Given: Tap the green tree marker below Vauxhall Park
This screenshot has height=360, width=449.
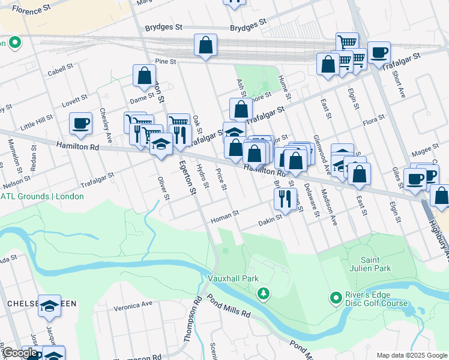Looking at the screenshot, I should pos(262,293).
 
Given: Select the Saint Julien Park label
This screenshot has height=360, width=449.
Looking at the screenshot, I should pos(377,264).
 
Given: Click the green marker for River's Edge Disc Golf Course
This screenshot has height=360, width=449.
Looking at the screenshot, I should pos(336,298).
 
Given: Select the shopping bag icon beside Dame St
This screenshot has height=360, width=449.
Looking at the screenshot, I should pos(145,76).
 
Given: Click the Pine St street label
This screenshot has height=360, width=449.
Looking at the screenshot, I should pos(165,61).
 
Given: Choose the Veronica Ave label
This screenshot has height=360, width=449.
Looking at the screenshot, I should pos(134,305).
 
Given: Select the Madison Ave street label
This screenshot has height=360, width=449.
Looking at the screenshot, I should pos(329,206).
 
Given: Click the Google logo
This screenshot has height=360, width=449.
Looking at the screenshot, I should pos(20,353).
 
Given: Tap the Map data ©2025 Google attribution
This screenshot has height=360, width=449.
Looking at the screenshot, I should pos(411,355).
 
